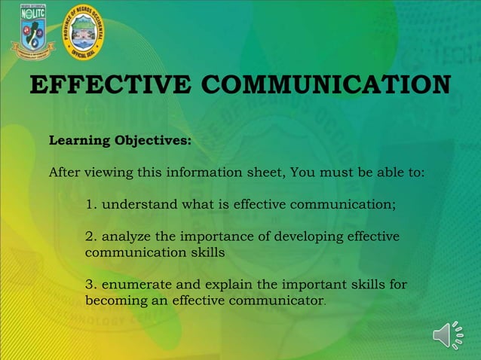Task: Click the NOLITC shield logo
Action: coord(32,31)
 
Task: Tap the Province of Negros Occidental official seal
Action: coord(83,31)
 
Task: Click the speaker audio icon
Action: coord(449,335)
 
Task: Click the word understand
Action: coord(138,204)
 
